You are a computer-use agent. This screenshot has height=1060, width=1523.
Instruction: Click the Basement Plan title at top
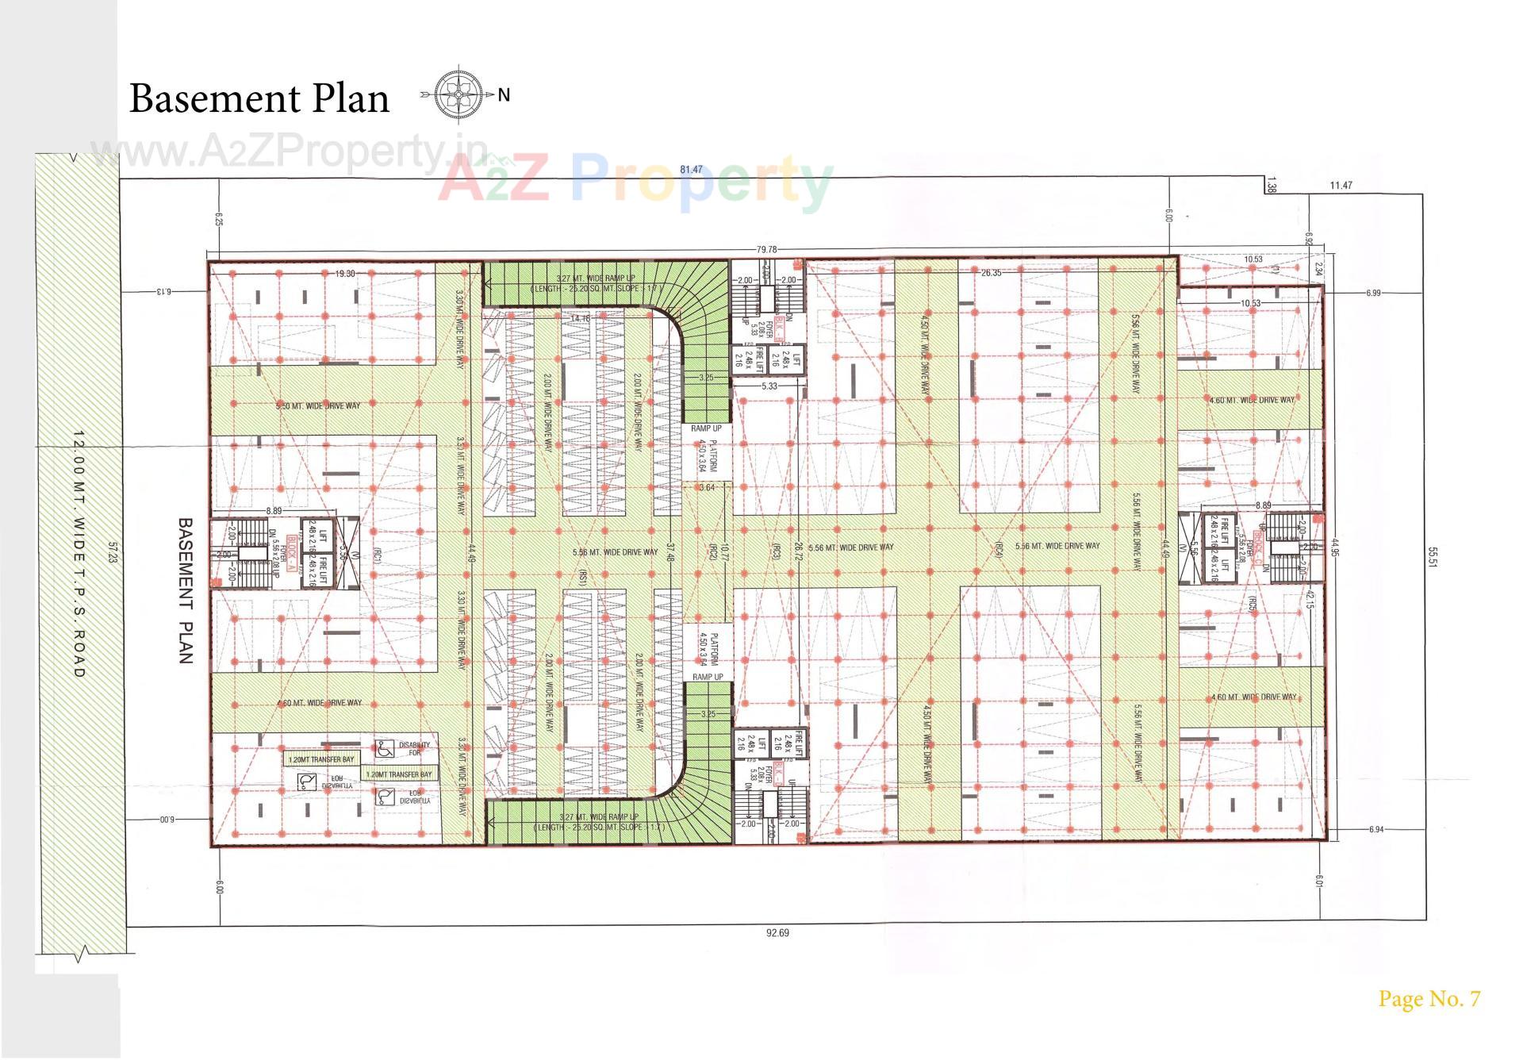coord(259,98)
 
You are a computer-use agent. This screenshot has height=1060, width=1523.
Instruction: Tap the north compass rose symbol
coord(459,95)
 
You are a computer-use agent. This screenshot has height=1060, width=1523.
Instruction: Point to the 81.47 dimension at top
coord(691,170)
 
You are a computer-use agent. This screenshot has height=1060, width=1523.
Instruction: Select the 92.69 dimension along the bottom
coord(777,933)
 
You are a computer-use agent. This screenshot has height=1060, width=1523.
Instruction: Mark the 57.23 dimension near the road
coord(113,553)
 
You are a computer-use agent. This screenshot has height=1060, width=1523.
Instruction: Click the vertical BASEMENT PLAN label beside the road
coord(185,590)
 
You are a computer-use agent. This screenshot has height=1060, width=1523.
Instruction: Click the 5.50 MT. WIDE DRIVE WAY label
coord(318,406)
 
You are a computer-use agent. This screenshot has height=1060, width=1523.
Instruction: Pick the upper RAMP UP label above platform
coord(706,428)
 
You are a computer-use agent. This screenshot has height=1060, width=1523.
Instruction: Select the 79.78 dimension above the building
coord(766,250)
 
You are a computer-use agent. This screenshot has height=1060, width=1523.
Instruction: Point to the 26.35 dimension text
coord(991,273)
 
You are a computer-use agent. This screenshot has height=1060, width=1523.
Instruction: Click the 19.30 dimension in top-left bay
coord(344,274)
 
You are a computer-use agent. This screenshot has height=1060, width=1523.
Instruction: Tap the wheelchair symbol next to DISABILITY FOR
coord(385,747)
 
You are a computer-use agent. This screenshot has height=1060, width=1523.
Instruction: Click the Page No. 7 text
coord(1429,999)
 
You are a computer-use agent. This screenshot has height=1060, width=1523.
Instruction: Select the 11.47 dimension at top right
coord(1341,186)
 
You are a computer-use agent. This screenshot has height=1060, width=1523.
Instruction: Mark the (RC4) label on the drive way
coord(998,551)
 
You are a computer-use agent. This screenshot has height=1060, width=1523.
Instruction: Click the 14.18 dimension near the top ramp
coord(580,319)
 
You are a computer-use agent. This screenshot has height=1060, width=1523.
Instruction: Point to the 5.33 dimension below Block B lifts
coord(769,386)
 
